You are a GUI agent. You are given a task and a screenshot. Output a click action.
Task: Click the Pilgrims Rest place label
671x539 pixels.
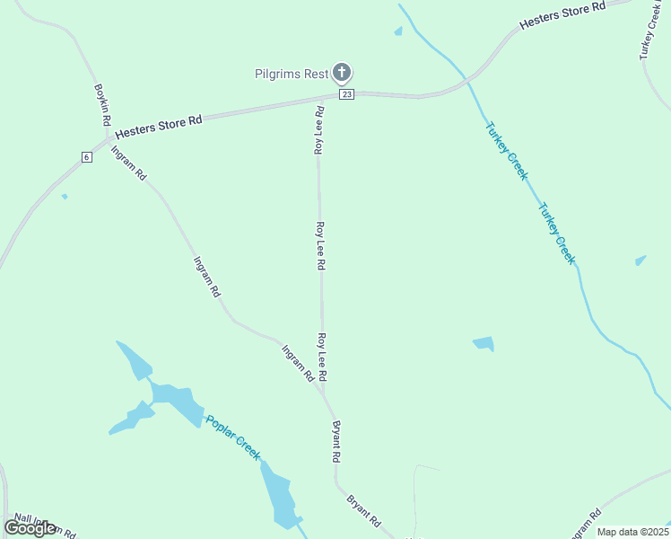291,74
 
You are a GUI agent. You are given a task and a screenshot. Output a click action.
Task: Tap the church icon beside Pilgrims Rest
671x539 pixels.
341,73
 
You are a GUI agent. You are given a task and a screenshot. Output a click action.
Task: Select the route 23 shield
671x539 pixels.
346,94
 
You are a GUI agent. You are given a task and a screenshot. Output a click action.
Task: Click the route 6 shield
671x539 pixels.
86,157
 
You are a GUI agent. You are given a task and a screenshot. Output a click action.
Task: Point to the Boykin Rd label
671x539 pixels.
102,105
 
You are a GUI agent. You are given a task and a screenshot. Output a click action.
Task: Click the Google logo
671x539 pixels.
30,527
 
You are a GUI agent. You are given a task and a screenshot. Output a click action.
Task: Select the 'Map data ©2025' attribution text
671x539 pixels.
632,532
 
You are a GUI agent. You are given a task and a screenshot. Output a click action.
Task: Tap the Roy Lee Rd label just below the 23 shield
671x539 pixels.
318,130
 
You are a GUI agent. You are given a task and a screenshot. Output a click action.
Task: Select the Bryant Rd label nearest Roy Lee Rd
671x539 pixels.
336,441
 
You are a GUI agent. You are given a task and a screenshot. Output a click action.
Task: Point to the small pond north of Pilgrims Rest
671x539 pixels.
397,32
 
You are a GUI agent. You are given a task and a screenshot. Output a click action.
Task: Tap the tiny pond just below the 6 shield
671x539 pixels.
64,196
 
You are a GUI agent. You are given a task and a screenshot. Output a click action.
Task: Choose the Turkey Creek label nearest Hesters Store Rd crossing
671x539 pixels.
506,150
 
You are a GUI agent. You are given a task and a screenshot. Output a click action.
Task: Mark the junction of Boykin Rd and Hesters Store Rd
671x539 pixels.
109,138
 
